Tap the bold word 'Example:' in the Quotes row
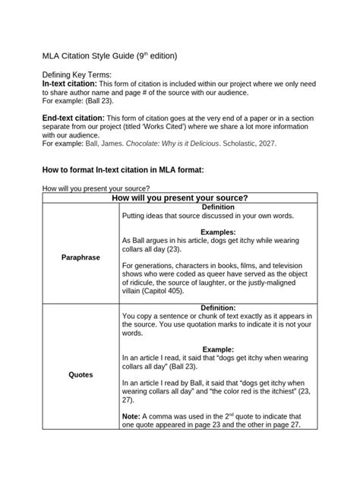[x=218, y=349]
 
